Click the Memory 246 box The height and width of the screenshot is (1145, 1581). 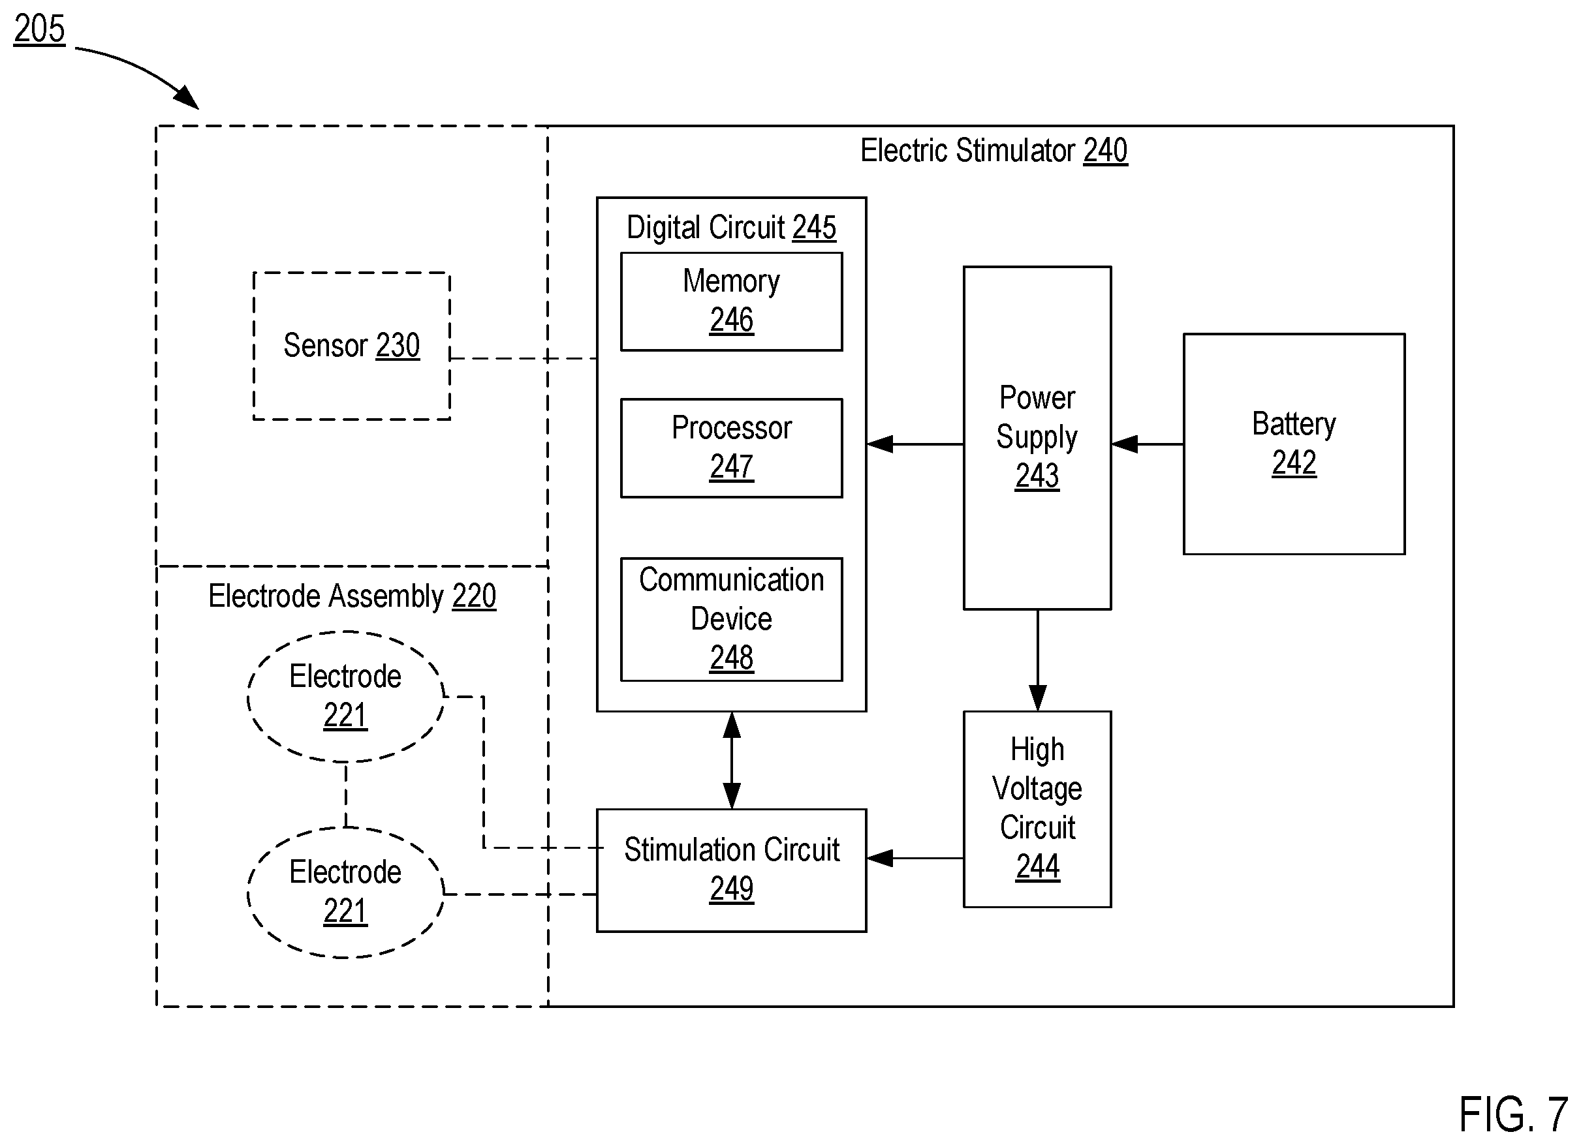tap(731, 301)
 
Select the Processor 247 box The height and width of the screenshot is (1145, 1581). tap(731, 448)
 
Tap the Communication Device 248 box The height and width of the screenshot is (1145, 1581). tap(731, 619)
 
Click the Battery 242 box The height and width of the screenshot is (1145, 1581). tap(1294, 444)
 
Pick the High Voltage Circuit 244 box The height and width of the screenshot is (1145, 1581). tap(1037, 809)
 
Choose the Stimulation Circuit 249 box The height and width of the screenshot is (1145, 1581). tap(731, 870)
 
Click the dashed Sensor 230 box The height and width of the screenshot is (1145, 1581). tap(351, 346)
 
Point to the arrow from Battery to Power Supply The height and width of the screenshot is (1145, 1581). tap(1148, 444)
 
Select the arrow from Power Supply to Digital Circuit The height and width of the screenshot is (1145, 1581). tap(915, 444)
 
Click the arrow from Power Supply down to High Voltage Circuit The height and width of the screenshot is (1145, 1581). tap(1037, 660)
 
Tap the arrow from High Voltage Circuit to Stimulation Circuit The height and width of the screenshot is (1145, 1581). tap(915, 858)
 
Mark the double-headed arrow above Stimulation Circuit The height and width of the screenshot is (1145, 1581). tap(731, 760)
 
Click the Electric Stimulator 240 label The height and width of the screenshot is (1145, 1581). tap(994, 151)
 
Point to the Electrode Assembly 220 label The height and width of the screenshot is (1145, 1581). tap(352, 596)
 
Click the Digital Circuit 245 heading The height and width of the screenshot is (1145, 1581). tap(731, 227)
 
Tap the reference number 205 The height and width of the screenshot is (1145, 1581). tap(40, 29)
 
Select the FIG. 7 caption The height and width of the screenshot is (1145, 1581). tap(1513, 1114)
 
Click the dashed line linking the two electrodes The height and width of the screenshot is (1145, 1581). tap(346, 795)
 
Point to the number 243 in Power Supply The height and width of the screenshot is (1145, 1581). tap(1037, 476)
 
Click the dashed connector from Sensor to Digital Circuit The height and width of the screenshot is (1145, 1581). tap(524, 358)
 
